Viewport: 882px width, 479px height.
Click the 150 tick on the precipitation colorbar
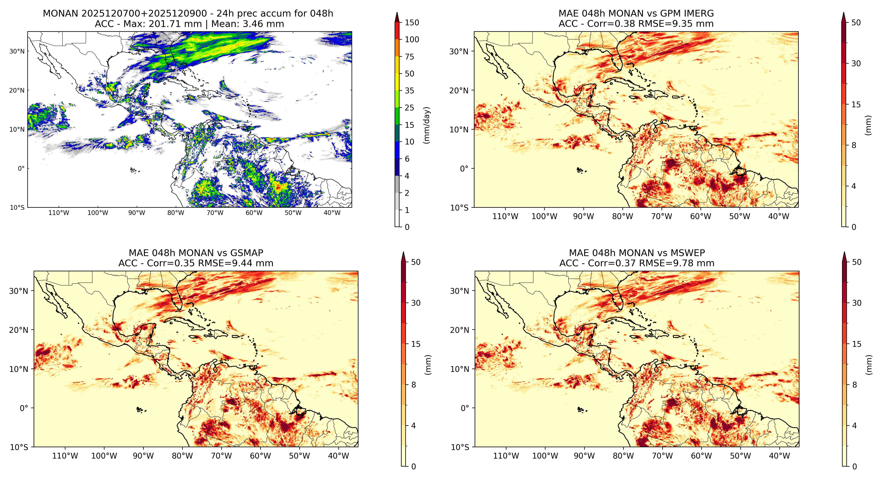[x=412, y=23]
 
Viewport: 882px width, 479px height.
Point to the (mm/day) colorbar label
[x=427, y=125]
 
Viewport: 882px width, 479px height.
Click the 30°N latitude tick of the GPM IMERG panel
[x=459, y=51]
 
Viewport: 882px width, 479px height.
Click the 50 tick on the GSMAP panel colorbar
[x=416, y=262]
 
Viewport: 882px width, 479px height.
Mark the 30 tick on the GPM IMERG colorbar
[x=856, y=64]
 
